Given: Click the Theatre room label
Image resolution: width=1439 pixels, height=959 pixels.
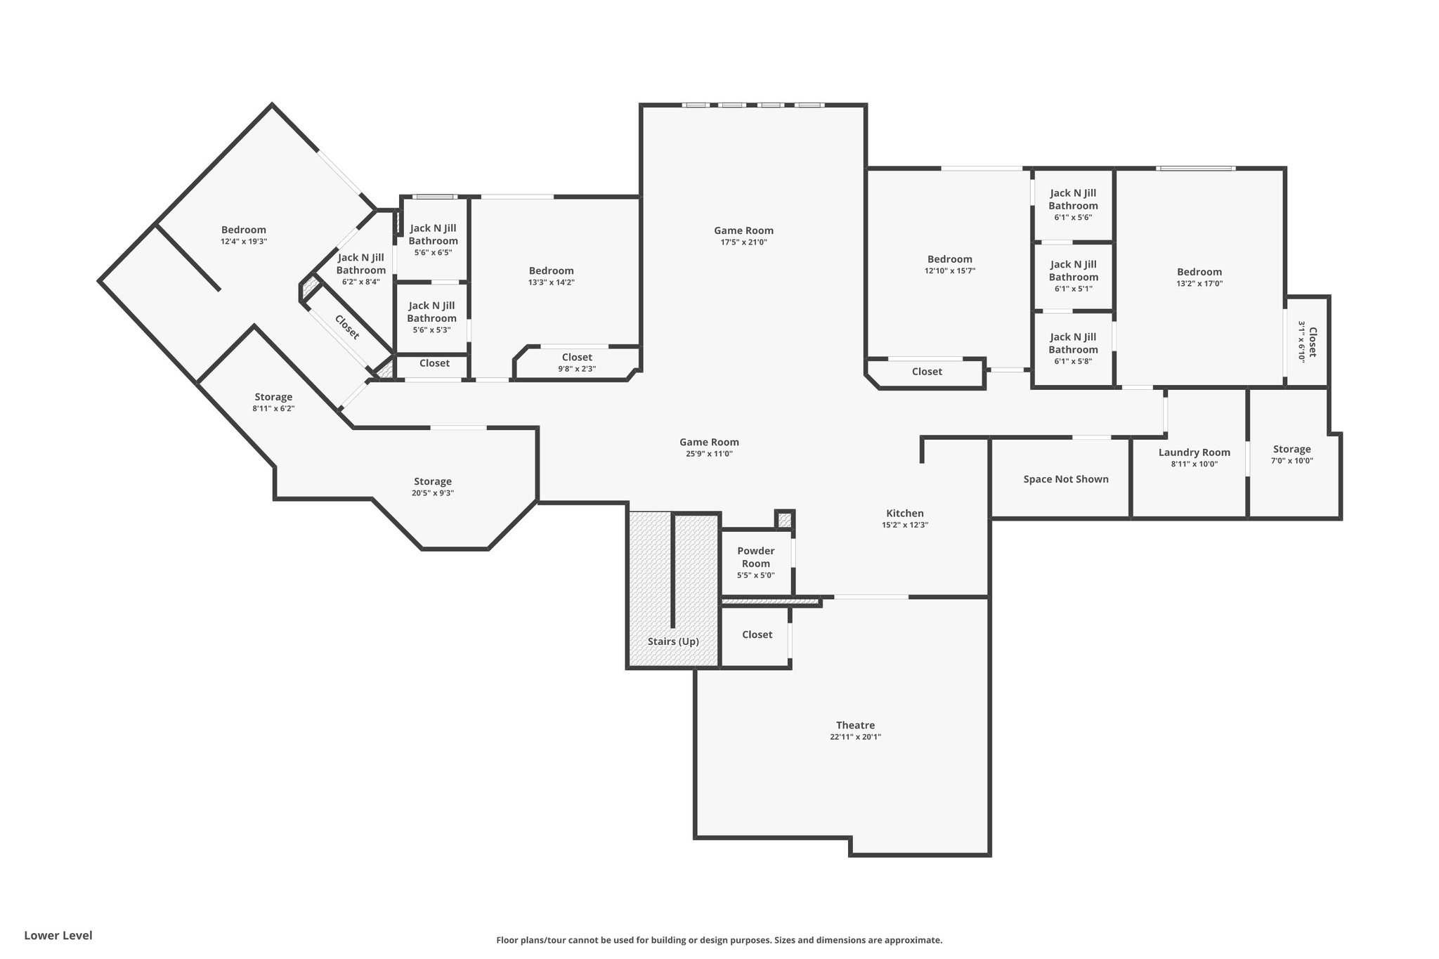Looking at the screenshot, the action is pyautogui.click(x=855, y=725).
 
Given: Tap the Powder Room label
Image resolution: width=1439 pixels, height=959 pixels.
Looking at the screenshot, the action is pyautogui.click(x=756, y=557).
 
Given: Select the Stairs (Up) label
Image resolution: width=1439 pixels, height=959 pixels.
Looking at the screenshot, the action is pyautogui.click(x=673, y=641).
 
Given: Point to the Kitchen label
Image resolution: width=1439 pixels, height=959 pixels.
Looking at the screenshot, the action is pyautogui.click(x=905, y=514).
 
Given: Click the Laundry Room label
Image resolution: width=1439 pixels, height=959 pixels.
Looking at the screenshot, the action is pyautogui.click(x=1194, y=452).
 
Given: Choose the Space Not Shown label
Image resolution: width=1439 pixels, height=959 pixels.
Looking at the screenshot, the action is pyautogui.click(x=1066, y=479).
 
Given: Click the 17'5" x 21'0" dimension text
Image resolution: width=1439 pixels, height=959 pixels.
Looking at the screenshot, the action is pyautogui.click(x=744, y=242).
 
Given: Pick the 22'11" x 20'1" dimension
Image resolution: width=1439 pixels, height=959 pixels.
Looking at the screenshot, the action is pyautogui.click(x=855, y=737).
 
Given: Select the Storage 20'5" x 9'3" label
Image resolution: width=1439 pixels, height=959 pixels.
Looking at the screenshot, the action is pyautogui.click(x=433, y=487).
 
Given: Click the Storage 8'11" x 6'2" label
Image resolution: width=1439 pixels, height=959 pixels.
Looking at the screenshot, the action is pyautogui.click(x=273, y=403).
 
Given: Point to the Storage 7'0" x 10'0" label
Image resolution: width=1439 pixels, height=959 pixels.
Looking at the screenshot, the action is pyautogui.click(x=1292, y=455).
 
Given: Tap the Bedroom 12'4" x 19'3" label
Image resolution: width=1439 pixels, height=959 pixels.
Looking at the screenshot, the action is pyautogui.click(x=244, y=235).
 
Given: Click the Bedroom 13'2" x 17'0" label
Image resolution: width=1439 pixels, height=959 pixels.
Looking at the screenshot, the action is pyautogui.click(x=1199, y=278).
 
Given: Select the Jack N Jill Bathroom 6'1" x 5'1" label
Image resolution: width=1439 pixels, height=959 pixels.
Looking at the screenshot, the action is pyautogui.click(x=1073, y=275).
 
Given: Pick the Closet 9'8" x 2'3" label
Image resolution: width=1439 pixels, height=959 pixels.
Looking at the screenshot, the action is pyautogui.click(x=577, y=363).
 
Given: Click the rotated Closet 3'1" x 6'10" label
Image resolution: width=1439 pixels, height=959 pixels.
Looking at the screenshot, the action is pyautogui.click(x=1306, y=341).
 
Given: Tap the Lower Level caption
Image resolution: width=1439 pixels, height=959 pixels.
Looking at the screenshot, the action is pyautogui.click(x=58, y=935).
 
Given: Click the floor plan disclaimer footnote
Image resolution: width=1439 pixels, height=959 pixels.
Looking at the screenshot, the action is pyautogui.click(x=719, y=940).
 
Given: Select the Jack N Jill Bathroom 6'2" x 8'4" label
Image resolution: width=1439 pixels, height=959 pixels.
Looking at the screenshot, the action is pyautogui.click(x=361, y=269).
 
